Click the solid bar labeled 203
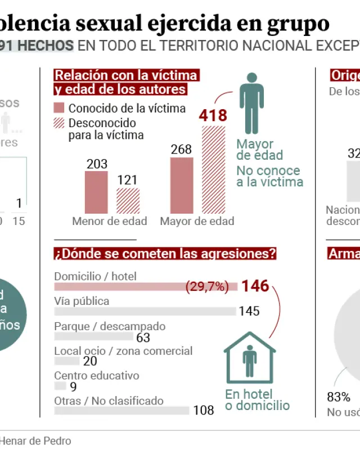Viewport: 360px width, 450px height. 96,192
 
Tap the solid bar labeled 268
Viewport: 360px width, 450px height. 182,185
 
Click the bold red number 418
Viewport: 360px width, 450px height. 214,116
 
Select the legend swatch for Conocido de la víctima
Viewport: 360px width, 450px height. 59,109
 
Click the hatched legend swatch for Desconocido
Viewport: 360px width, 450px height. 59,123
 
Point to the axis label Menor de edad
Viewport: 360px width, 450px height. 109,221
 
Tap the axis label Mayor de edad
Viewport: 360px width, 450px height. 197,221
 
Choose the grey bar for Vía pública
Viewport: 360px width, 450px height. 145,311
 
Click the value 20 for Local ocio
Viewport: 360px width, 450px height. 89,362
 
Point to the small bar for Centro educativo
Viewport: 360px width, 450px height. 60,386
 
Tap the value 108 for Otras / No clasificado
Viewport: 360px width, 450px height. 203,411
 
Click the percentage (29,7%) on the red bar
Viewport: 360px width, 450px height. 207,286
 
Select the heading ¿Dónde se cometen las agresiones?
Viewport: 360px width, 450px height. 165,254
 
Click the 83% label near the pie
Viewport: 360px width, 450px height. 339,397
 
